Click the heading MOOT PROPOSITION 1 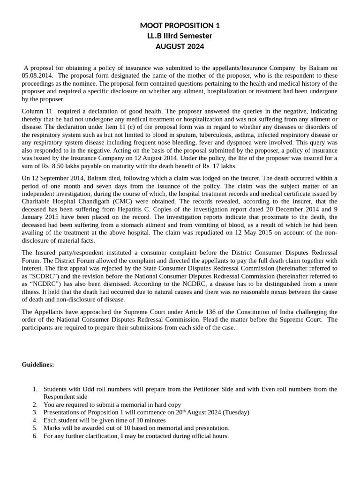click(x=180, y=25)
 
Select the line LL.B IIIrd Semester click(x=180, y=36)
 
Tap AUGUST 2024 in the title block click(x=180, y=46)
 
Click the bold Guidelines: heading click(x=38, y=365)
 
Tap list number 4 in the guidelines click(x=35, y=420)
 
